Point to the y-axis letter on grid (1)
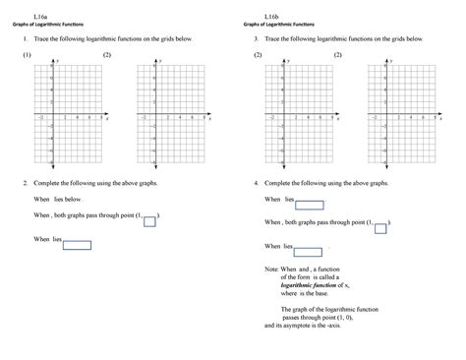coord(58,61)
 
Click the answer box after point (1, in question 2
coord(149,221)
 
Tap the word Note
coord(271,268)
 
